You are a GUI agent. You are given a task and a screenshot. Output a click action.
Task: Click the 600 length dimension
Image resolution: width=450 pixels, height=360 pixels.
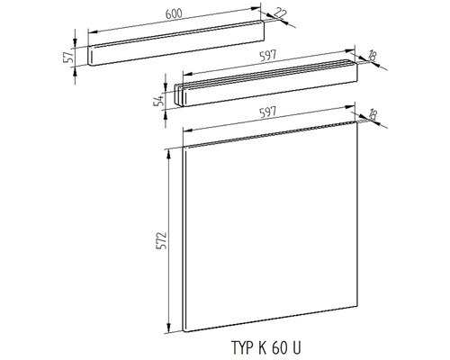[174, 14]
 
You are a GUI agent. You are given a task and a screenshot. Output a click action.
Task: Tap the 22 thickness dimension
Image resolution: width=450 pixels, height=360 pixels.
[281, 13]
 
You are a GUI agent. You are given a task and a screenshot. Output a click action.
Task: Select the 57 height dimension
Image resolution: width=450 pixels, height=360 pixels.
[68, 57]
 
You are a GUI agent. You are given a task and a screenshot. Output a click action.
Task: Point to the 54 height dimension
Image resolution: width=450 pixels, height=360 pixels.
[159, 100]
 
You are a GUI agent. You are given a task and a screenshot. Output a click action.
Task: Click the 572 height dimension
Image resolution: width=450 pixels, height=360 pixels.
[162, 240]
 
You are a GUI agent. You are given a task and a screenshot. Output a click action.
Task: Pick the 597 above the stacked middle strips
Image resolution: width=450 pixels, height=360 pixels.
[268, 56]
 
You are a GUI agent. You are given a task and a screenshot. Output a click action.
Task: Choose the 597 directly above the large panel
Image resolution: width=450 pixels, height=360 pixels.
[268, 112]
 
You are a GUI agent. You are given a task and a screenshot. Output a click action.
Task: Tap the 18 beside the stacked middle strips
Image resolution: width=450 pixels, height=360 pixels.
[372, 56]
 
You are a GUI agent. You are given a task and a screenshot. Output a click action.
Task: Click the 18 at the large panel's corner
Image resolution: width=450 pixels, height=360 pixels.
[372, 114]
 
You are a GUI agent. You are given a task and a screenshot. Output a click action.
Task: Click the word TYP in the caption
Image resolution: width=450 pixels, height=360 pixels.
[242, 347]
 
